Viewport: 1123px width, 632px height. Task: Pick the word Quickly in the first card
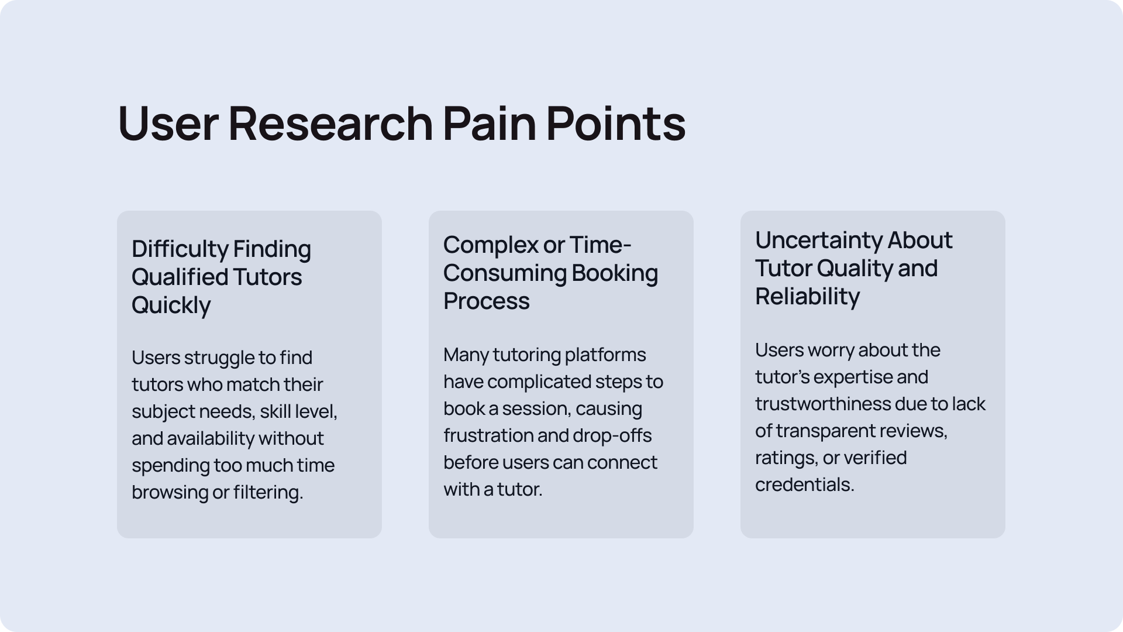pyautogui.click(x=171, y=305)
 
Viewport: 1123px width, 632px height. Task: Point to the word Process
pyautogui.click(x=487, y=301)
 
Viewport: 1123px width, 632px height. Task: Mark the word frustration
pyautogui.click(x=488, y=435)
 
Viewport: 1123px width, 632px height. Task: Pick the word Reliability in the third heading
pyautogui.click(x=807, y=297)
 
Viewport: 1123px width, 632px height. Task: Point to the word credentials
pyautogui.click(x=804, y=485)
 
